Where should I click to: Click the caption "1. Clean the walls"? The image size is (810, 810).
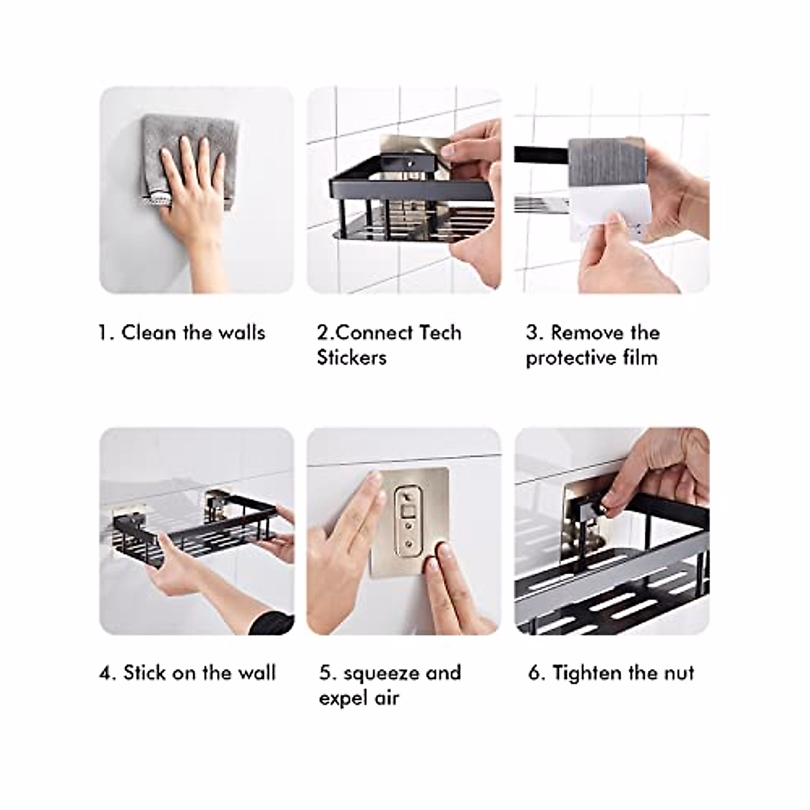point(182,333)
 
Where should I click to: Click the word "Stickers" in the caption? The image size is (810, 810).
point(352,357)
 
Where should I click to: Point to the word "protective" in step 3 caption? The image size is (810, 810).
point(566,358)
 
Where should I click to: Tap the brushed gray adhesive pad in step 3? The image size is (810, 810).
point(604,162)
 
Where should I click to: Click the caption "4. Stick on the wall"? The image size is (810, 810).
point(188,673)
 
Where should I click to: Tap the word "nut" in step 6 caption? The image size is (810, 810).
point(678,673)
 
